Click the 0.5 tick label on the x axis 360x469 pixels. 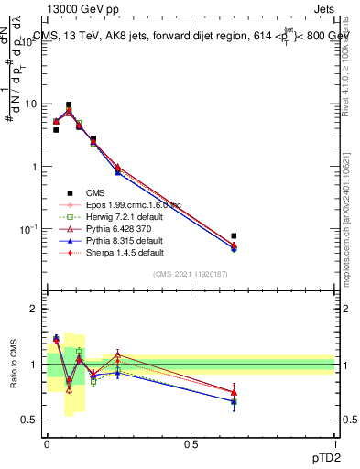[191, 443]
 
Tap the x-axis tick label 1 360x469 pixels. [334, 443]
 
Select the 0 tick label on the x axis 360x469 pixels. [47, 443]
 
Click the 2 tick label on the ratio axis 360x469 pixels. [32, 309]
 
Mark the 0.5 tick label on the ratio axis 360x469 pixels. [27, 420]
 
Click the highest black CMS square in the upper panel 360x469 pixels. [69, 105]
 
